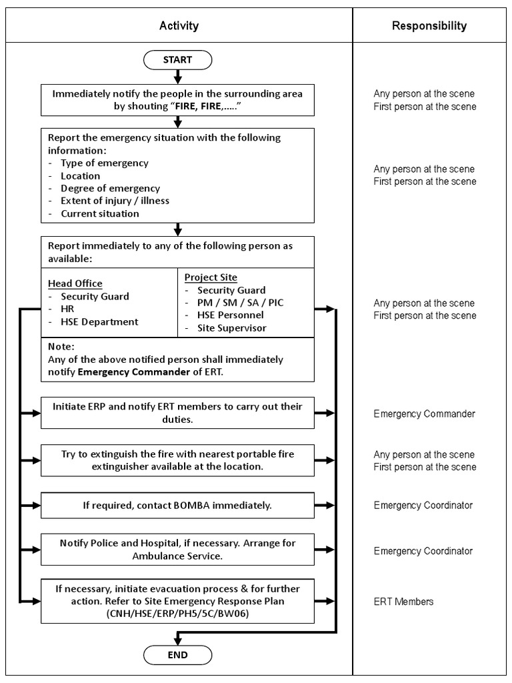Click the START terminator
pos(177,60)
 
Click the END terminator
pos(177,655)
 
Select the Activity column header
pos(179,26)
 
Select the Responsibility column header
pos(429,26)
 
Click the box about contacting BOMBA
pos(177,506)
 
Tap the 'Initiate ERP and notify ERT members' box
pos(177,414)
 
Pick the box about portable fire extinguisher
pos(177,460)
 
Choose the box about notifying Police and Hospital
pos(177,550)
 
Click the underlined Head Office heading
pos(75,283)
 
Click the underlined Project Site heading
pos(211,277)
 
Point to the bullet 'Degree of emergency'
pos(110,189)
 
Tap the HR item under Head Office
pos(67,309)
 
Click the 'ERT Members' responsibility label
pos(403,602)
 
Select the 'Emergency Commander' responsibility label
pos(424,414)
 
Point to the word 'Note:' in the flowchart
pos(61,347)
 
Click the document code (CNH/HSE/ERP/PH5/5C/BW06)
pos(177,614)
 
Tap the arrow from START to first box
pos(177,77)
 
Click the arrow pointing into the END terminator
pos(177,636)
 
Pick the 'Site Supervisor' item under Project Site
pos(231,328)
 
